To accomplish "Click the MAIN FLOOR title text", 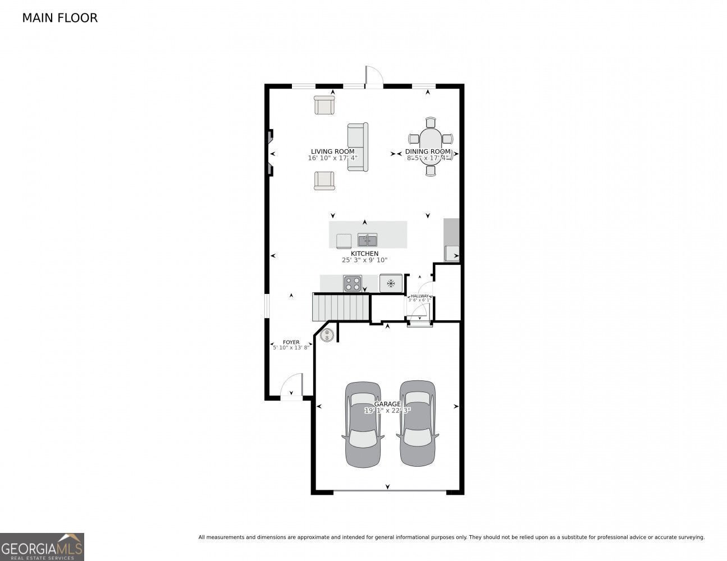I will click(x=60, y=18).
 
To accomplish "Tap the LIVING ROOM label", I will click(x=332, y=151).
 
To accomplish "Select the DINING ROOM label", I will click(x=428, y=151).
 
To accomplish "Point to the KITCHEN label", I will click(x=364, y=254).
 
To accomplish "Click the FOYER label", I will click(x=291, y=342).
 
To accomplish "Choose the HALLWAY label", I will click(x=419, y=296).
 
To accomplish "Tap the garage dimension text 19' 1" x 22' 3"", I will click(x=387, y=411).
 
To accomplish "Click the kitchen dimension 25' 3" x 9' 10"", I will click(x=364, y=260).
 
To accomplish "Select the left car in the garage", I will click(x=363, y=424).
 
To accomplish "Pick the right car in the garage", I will click(x=417, y=423).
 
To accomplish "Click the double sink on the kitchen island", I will click(x=368, y=241).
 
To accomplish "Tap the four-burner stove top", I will click(x=353, y=284).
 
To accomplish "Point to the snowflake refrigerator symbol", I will click(x=391, y=283).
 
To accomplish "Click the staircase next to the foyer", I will click(x=340, y=307).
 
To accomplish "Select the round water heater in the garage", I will click(x=327, y=335).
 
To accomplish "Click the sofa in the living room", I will click(x=357, y=147).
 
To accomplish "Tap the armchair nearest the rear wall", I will click(x=324, y=105).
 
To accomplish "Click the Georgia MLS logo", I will click(x=42, y=546).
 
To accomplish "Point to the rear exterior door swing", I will click(x=373, y=76).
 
